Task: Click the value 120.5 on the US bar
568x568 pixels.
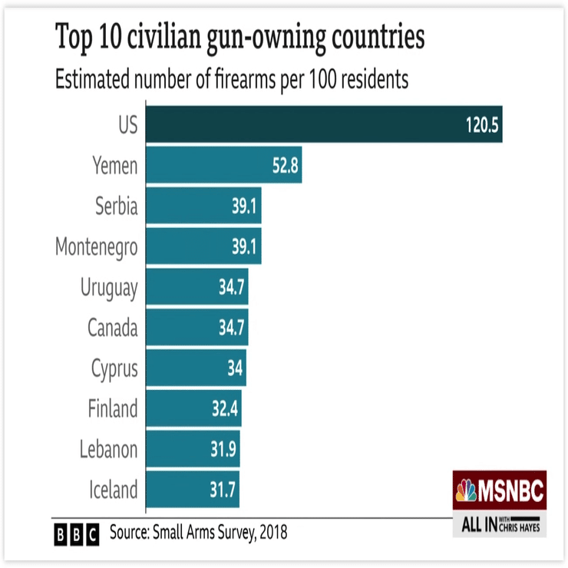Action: pyautogui.click(x=483, y=125)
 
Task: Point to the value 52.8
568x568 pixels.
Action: pyautogui.click(x=285, y=165)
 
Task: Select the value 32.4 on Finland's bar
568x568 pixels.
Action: pyautogui.click(x=226, y=408)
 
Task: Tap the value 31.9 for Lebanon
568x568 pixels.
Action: pyautogui.click(x=224, y=449)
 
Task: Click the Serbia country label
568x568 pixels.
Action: pyautogui.click(x=117, y=206)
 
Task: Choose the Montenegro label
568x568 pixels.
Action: pyautogui.click(x=97, y=246)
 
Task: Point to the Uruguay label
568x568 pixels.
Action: pyautogui.click(x=109, y=288)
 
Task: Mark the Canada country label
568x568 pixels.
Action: pyautogui.click(x=112, y=328)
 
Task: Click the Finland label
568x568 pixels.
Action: pyautogui.click(x=112, y=408)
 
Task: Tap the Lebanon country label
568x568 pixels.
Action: pyautogui.click(x=108, y=449)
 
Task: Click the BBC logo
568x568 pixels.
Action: pyautogui.click(x=77, y=533)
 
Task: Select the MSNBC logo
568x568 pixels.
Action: pyautogui.click(x=500, y=490)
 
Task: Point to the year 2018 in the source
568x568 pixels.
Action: pyautogui.click(x=272, y=532)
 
